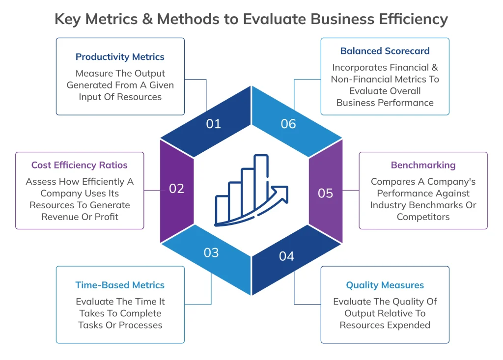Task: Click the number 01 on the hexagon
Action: pyautogui.click(x=214, y=124)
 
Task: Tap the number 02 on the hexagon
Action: pyautogui.click(x=176, y=189)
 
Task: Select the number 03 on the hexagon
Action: pyautogui.click(x=211, y=252)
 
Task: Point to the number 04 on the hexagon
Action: pyautogui.click(x=286, y=256)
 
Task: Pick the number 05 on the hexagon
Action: pyautogui.click(x=326, y=193)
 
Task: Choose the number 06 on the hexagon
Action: pyautogui.click(x=288, y=124)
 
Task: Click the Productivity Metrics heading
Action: pyautogui.click(x=120, y=57)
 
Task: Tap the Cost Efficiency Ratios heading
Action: pyautogui.click(x=80, y=165)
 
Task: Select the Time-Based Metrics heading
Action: pyautogui.click(x=120, y=285)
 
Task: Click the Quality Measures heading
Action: pyautogui.click(x=385, y=285)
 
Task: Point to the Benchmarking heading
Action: pyautogui.click(x=423, y=165)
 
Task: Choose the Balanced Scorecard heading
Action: pyautogui.click(x=385, y=51)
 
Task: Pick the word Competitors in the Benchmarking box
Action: pyautogui.click(x=423, y=217)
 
